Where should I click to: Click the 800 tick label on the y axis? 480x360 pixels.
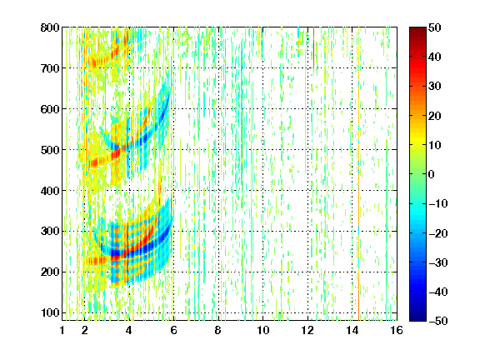tap(50, 27)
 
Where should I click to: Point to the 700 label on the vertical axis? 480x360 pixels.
tap(50, 68)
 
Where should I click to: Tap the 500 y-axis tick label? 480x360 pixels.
tap(50, 150)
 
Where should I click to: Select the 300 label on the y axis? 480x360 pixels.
tap(50, 231)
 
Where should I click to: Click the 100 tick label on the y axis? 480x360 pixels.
tap(50, 312)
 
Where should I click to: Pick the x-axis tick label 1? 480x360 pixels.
tap(62, 331)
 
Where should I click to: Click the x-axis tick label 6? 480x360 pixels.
tap(173, 331)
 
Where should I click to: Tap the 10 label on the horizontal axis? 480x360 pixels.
tap(263, 331)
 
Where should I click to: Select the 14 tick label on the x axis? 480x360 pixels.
tap(352, 331)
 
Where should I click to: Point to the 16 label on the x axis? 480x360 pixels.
tap(397, 331)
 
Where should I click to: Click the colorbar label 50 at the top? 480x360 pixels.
tap(434, 27)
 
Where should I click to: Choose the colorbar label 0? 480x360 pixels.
tap(432, 174)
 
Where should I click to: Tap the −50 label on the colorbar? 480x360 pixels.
tap(437, 321)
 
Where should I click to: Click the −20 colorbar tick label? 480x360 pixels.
tap(437, 233)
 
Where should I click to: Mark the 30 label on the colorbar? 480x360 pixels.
tap(434, 87)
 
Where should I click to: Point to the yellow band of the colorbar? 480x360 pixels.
tap(417, 142)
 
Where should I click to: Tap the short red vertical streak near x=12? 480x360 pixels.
tap(314, 49)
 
